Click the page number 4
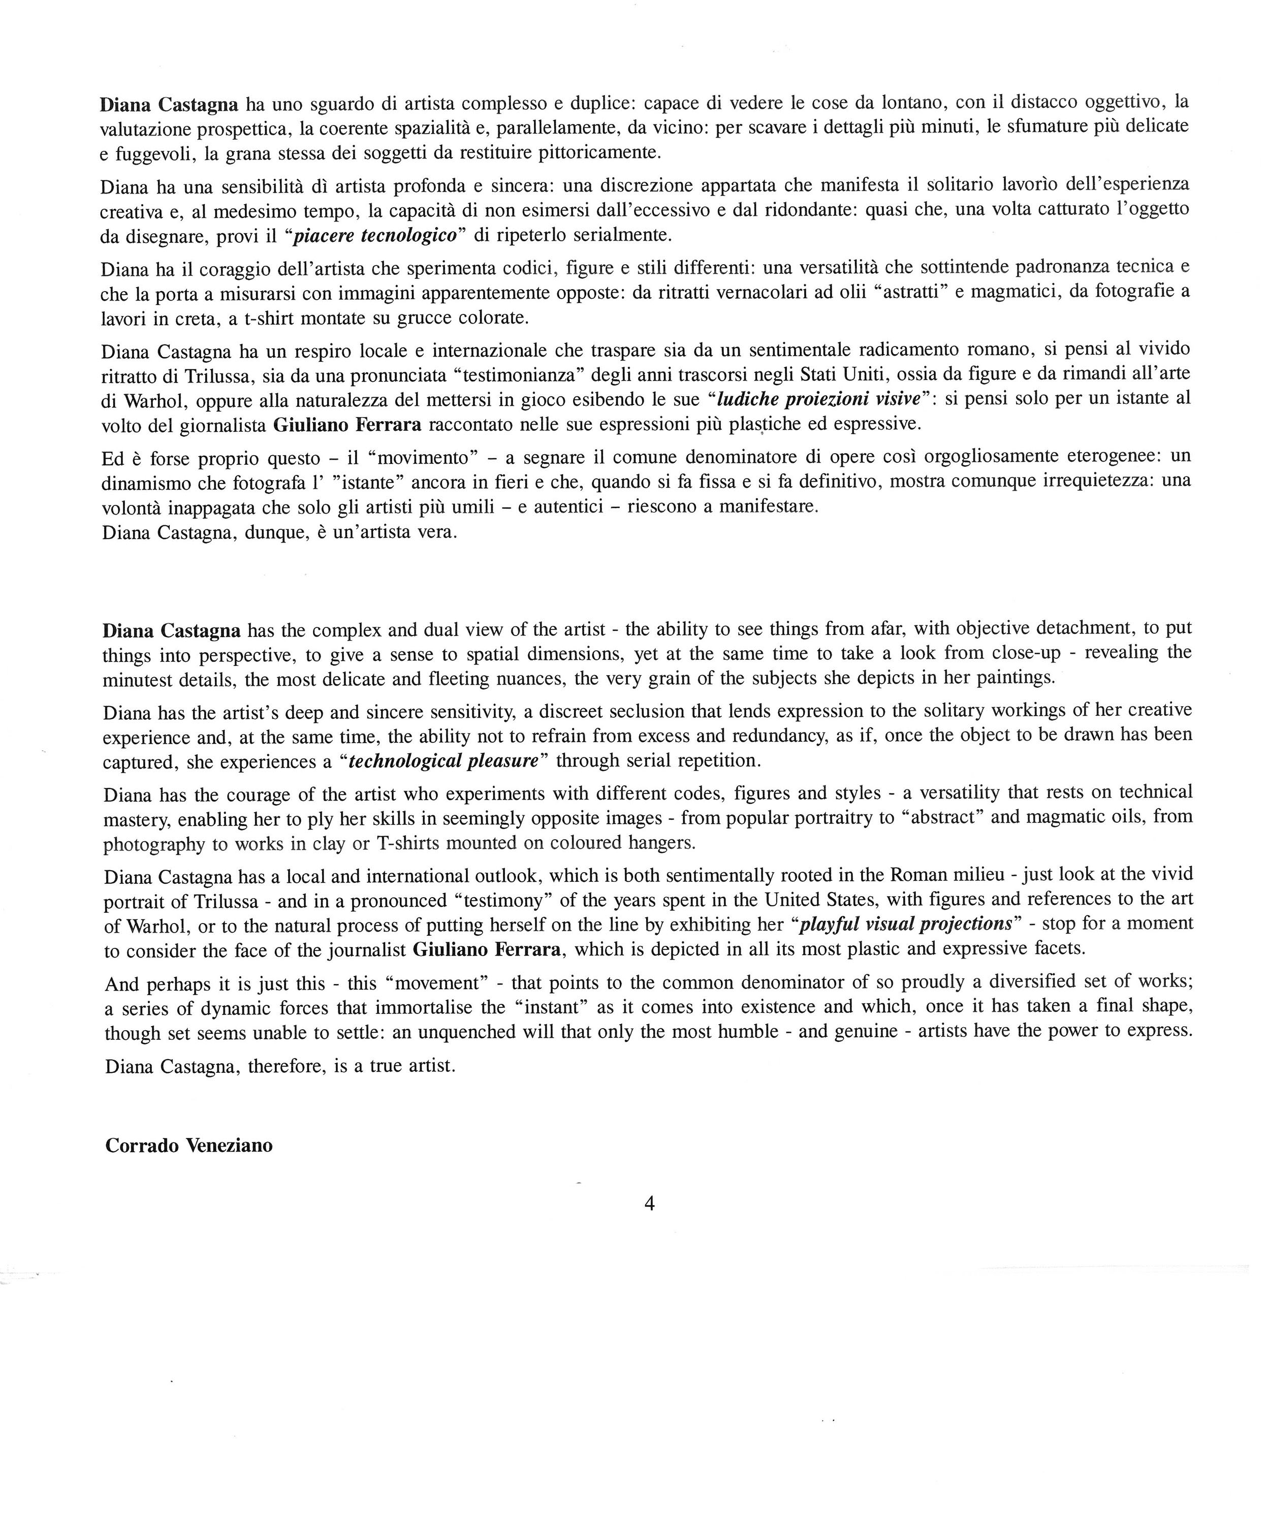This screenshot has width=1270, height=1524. tap(650, 1204)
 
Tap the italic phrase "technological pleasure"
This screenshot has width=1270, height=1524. tap(443, 761)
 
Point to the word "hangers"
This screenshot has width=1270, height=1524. tap(664, 843)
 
